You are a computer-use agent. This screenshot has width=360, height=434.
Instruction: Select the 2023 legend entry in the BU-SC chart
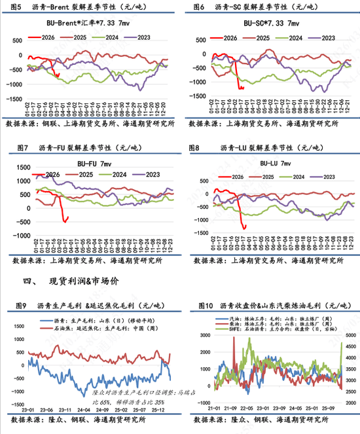322,39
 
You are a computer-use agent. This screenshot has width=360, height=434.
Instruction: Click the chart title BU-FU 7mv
86,162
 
